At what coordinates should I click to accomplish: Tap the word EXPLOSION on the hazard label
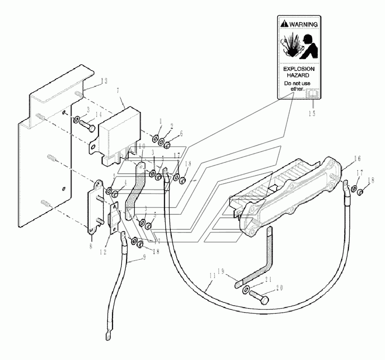[299, 69]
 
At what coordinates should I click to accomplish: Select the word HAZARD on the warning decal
[299, 76]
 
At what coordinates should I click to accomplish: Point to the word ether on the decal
[297, 89]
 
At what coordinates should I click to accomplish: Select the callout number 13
[104, 81]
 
